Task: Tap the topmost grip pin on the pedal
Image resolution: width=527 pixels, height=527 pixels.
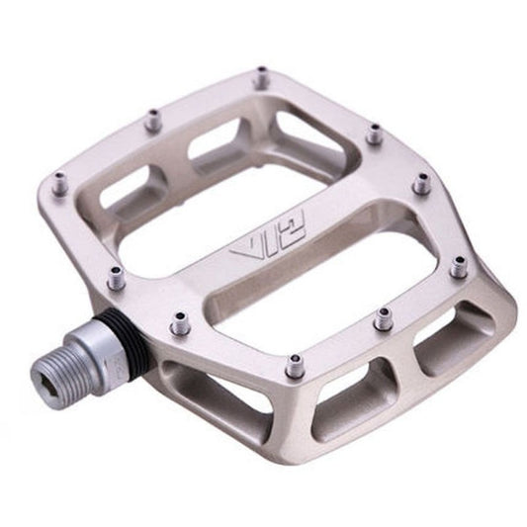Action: (261, 77)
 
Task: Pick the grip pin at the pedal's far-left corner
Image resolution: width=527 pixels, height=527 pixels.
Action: (59, 184)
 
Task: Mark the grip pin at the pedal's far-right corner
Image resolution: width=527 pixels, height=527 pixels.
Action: (458, 266)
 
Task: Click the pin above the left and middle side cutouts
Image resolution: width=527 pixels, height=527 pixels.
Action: (295, 368)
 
